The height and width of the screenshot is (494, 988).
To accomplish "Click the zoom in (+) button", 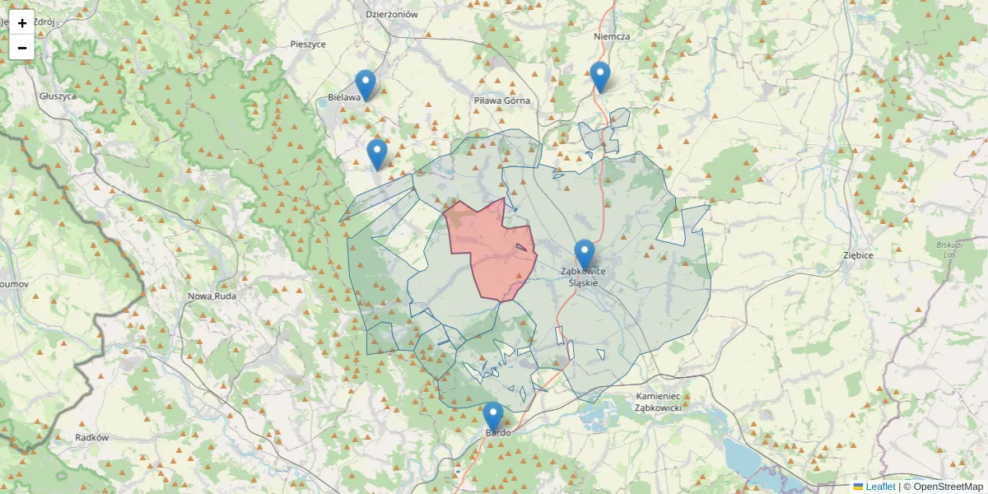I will (22, 22).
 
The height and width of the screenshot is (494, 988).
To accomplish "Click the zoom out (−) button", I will (22, 48).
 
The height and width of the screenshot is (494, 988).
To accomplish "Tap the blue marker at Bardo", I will (493, 417).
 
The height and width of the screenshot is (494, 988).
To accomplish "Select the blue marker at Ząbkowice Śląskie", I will (585, 254).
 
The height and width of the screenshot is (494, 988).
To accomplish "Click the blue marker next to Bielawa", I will (366, 84).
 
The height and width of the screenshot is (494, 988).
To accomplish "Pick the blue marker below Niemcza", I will (600, 76).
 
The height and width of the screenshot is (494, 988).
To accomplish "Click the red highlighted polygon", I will (490, 247).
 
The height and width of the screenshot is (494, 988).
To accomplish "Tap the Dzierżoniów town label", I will (392, 14).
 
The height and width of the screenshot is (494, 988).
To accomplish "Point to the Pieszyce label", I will (308, 44).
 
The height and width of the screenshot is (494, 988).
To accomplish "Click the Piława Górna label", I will (502, 100).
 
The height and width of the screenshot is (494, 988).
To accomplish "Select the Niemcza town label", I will (612, 36).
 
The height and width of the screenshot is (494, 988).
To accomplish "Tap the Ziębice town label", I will (858, 255).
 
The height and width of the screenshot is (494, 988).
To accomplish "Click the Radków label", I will (91, 438).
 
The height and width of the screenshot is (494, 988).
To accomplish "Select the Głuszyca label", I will (58, 96).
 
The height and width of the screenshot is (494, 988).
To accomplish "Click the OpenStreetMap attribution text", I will (943, 487).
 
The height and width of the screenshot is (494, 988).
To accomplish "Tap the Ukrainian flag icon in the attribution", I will (859, 487).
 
